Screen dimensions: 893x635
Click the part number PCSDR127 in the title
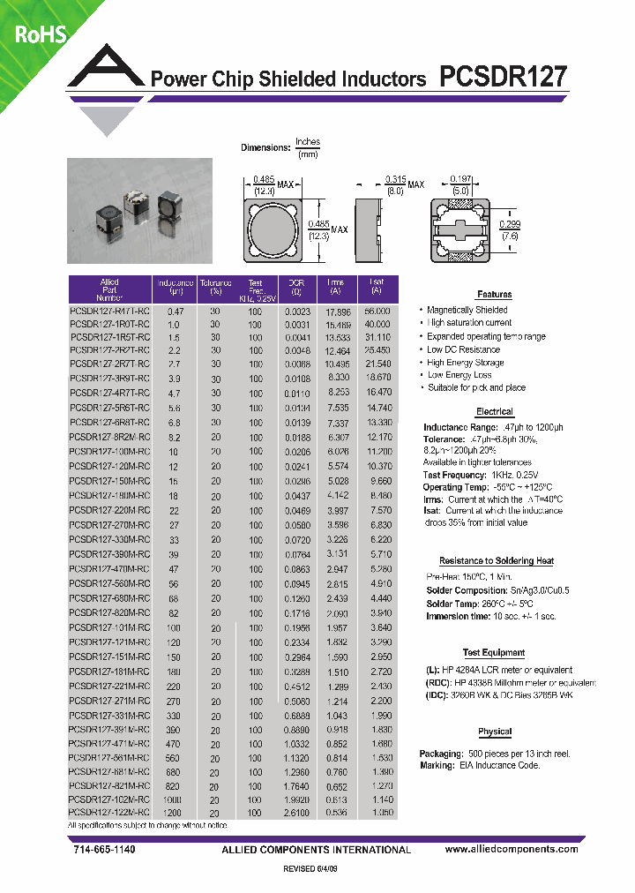click(x=502, y=76)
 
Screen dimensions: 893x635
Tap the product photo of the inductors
click(x=140, y=211)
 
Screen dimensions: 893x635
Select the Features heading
click(x=494, y=295)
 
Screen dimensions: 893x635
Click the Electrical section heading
click(x=494, y=412)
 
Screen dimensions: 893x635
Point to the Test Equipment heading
click(x=494, y=653)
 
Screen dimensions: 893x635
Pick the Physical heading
click(x=494, y=732)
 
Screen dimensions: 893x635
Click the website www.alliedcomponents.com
click(x=512, y=849)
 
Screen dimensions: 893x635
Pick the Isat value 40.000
click(x=377, y=324)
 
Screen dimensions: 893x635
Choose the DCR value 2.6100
click(x=296, y=812)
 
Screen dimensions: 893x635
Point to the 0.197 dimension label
click(x=460, y=177)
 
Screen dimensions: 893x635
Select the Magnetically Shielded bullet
click(x=467, y=311)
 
